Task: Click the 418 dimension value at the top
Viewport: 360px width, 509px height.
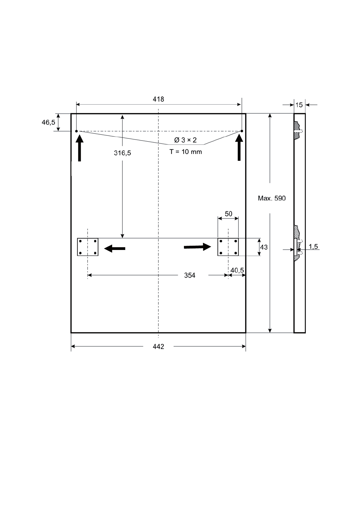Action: (x=158, y=99)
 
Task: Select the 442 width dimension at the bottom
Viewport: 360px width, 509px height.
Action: (x=158, y=346)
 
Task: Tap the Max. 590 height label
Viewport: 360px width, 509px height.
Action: (x=272, y=198)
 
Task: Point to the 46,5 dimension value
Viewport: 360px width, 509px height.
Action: (x=48, y=122)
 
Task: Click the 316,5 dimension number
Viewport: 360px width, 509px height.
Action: (x=122, y=153)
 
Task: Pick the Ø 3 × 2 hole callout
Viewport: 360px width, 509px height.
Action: (x=185, y=140)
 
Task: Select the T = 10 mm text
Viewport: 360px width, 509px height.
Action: (x=185, y=152)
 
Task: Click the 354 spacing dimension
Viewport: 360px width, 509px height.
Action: (x=190, y=275)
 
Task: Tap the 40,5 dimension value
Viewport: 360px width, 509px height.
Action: (x=237, y=270)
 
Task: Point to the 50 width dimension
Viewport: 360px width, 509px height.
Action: (x=228, y=214)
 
